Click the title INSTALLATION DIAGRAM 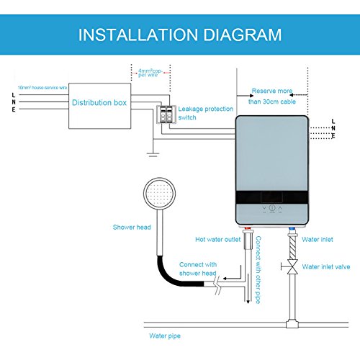coord(180,34)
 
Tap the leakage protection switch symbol coord(168,113)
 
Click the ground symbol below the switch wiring coord(150,152)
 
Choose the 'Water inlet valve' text coord(326,266)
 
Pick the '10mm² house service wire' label coord(41,86)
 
